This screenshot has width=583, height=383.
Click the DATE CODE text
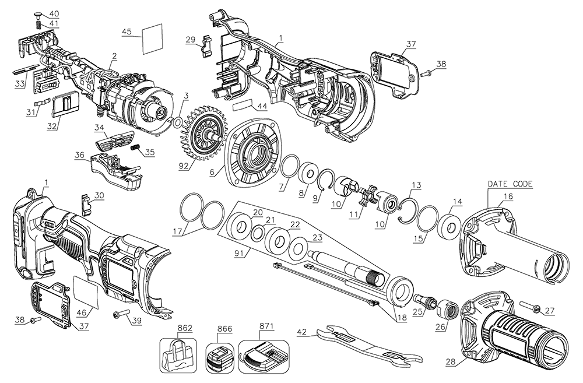pos(510,184)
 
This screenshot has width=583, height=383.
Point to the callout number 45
pos(127,31)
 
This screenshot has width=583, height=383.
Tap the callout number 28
pos(449,362)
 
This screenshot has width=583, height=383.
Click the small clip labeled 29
pos(206,45)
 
